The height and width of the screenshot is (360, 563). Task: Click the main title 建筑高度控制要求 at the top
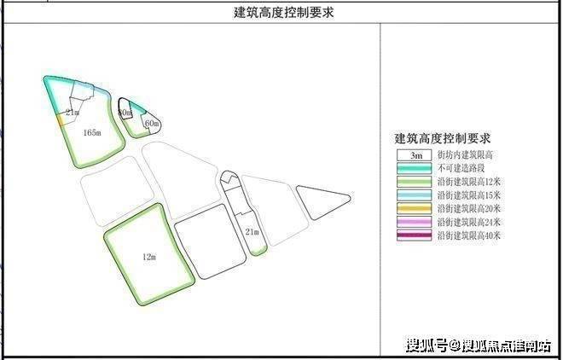281,13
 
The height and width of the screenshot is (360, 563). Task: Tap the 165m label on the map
93,133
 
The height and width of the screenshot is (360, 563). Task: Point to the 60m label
152,125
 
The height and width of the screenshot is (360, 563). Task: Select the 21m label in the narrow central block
252,231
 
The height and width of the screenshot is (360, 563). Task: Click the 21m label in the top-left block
72,113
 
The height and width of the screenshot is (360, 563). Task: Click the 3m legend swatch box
414,156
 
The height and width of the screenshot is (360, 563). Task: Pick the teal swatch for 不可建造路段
414,169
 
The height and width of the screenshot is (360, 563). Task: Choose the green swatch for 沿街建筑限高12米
414,182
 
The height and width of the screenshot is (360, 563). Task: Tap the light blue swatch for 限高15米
414,195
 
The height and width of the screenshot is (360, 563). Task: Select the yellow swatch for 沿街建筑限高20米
414,208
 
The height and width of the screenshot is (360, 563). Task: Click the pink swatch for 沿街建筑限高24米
414,222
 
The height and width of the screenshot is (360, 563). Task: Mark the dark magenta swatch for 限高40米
414,235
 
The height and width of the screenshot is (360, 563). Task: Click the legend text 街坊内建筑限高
465,156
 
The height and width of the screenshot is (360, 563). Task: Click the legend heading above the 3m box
441,138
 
